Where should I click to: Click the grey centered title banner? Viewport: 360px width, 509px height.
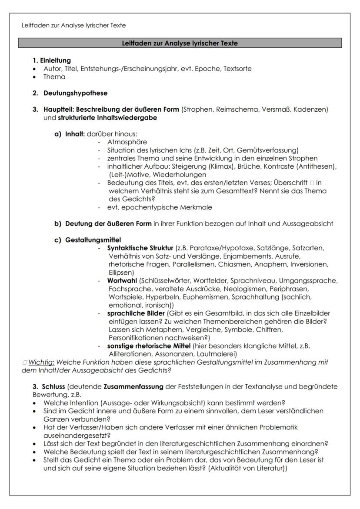[x=180, y=43]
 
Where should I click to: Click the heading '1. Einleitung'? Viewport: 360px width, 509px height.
[x=52, y=61]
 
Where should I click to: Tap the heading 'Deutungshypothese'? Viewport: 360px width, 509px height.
[x=75, y=93]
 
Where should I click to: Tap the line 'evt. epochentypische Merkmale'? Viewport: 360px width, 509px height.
[x=160, y=207]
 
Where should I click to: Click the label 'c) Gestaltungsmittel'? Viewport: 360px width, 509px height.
[x=87, y=240]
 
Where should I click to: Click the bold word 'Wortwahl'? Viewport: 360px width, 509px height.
[x=122, y=281]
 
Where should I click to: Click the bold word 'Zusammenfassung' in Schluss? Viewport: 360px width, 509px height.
[x=131, y=386]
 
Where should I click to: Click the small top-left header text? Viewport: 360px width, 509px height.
[x=73, y=25]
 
